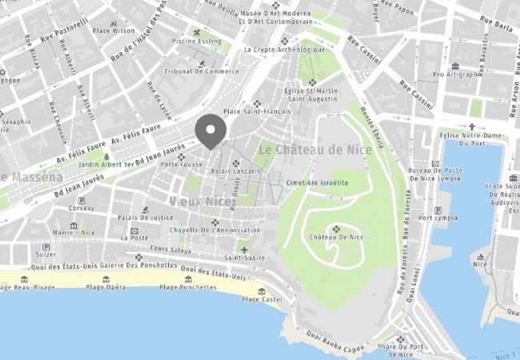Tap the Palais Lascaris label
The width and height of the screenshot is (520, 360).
[237, 171]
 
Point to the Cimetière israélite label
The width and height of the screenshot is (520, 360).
[318, 182]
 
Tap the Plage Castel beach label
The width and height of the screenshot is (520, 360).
[262, 299]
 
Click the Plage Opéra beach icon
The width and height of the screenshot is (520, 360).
[106, 279]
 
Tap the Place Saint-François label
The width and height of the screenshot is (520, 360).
[256, 111]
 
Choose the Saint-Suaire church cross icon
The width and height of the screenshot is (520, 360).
[245, 250]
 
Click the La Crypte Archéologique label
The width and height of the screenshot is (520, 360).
[285, 49]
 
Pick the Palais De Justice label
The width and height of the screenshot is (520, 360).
[146, 217]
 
